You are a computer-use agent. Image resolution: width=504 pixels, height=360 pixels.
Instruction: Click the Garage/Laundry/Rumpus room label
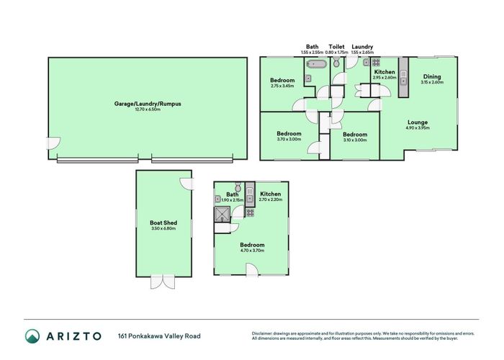[x=147, y=104]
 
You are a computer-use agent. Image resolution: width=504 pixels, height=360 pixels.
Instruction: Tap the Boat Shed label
[x=163, y=223]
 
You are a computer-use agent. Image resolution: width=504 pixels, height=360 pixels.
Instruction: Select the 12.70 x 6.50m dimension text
[x=147, y=110]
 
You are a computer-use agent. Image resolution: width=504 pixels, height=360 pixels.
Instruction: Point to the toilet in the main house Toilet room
[x=336, y=65]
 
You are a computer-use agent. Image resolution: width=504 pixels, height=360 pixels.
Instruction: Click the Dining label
[x=431, y=76]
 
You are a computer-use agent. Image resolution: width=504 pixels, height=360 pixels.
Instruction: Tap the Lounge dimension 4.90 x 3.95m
[x=418, y=128]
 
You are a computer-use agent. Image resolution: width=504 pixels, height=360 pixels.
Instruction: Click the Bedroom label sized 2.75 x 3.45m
[x=282, y=80]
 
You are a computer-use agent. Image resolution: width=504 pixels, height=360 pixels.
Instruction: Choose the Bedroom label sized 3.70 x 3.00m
[x=289, y=133]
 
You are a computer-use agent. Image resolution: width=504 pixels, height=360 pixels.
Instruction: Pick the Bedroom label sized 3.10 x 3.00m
[x=355, y=134]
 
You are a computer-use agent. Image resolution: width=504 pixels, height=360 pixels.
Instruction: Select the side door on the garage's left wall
[x=52, y=144]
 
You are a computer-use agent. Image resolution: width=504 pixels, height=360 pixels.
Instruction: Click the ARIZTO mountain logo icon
[x=33, y=336]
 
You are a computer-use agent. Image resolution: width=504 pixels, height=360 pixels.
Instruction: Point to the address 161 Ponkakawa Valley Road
[x=159, y=336]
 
